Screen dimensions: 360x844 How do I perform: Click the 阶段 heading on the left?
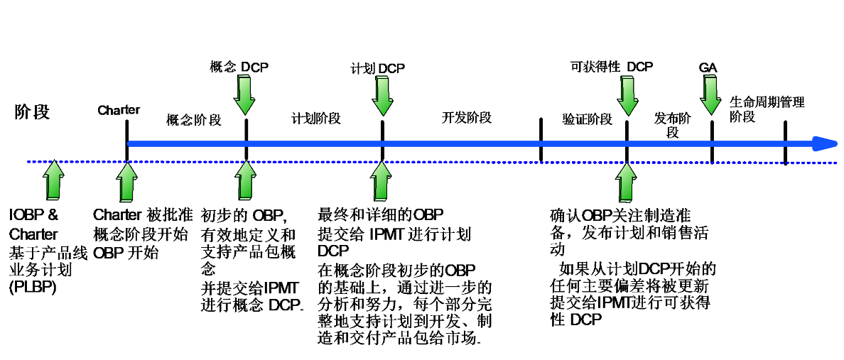coord(33,111)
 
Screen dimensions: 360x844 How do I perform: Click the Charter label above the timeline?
coord(119,110)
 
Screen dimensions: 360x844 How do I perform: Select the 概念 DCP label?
coord(239,67)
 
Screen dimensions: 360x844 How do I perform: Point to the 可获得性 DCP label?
coord(612,67)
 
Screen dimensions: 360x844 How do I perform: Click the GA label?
coord(708,67)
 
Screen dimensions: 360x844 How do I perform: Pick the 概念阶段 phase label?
coord(194,120)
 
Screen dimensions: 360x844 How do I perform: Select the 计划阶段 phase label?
coord(316,118)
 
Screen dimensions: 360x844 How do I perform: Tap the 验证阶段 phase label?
coord(588,119)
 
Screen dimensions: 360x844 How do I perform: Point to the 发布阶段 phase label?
coord(672,125)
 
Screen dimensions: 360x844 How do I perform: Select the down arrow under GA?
coord(710,94)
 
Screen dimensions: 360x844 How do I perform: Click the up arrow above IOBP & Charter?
coord(53,180)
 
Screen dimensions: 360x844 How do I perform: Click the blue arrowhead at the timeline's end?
coord(826,144)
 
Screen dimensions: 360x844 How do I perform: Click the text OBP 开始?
coord(126,252)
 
